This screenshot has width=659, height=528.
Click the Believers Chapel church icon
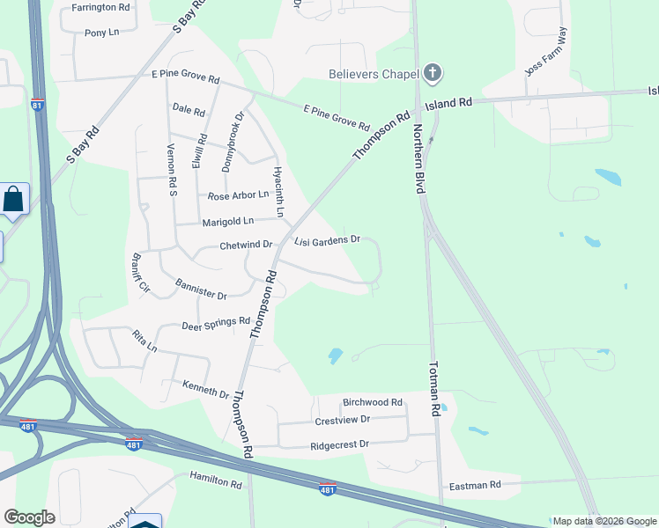coord(432,74)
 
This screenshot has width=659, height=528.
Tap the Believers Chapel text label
coord(374,74)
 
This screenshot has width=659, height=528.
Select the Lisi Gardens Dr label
coord(328,239)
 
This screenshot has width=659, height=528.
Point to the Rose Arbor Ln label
coord(238,194)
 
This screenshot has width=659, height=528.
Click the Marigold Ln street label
coord(227,221)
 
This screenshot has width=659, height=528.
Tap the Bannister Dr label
coord(201,289)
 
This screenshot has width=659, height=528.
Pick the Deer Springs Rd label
coord(216,325)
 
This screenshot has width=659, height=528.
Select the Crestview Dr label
coord(343,422)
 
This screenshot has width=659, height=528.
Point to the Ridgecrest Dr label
coord(339,445)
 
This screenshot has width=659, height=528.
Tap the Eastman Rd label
coord(475,485)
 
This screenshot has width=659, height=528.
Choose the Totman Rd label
coord(434,388)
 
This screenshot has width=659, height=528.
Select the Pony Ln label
coord(102,33)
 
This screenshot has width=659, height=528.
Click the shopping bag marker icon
coord(15,199)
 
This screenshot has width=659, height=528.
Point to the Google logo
coord(29,517)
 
